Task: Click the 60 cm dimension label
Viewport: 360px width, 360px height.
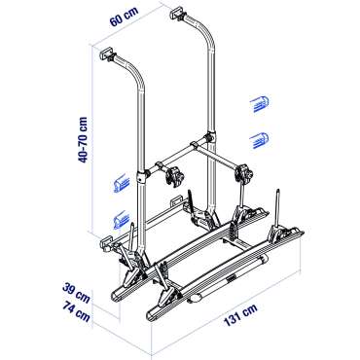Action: pos(124,16)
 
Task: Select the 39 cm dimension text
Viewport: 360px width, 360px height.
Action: pos(76,293)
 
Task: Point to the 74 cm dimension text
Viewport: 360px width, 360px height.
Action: pos(76,310)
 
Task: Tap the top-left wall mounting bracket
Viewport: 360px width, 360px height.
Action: pos(107,54)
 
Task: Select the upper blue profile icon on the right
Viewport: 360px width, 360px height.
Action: pos(260,104)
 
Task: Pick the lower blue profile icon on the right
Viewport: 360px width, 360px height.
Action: pos(260,140)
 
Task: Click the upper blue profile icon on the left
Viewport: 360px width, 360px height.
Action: pos(121,184)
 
